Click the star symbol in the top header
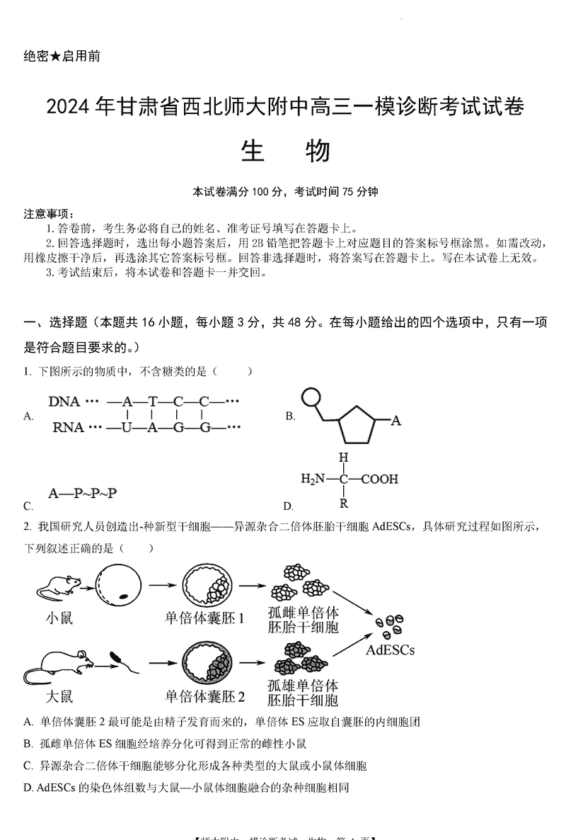(x=56, y=57)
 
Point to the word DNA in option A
(x=64, y=401)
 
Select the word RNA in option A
(x=64, y=427)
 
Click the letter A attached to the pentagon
(x=396, y=421)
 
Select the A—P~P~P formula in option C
(x=83, y=494)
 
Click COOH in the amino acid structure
(x=379, y=479)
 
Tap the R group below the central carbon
(x=344, y=504)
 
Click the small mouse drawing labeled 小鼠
(x=57, y=586)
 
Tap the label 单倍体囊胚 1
(x=204, y=618)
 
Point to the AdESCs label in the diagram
(x=391, y=649)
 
